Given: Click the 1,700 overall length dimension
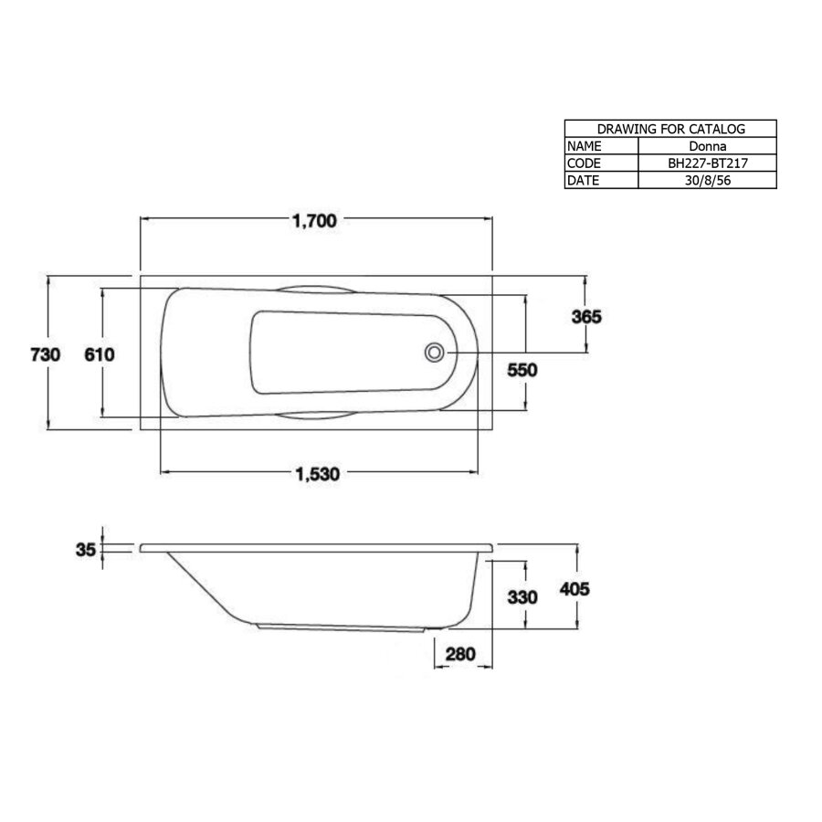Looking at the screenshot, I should point(315,220).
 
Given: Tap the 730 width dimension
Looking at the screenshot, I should point(45,354).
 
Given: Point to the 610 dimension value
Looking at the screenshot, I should point(99,354).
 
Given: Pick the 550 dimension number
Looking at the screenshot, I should point(522,370).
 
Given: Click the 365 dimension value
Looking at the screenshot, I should point(585,317).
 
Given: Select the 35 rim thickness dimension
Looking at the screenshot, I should point(86,550).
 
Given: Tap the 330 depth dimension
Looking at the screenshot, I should point(522,597).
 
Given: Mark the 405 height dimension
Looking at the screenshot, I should point(575,589).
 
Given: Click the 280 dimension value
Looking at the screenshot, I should point(462,655).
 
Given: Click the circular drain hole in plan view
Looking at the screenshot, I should point(434,352).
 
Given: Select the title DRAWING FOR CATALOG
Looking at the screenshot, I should point(670,129).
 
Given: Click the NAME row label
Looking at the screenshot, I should point(585,146).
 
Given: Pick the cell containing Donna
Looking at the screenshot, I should point(706,146).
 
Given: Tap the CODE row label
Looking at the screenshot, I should point(585,163).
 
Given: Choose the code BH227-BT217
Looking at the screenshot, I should point(706,163).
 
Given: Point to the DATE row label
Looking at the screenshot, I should point(584,180).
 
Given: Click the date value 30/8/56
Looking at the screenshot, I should point(706,180).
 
